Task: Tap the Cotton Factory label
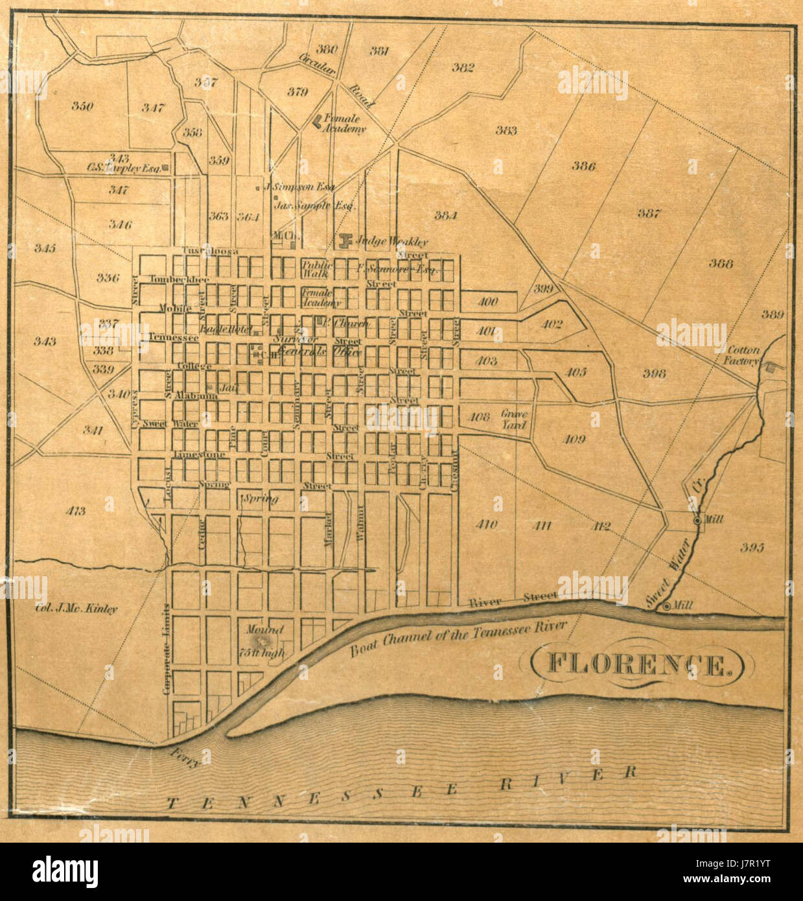point(743,355)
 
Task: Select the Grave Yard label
point(514,419)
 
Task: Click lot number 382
point(463,67)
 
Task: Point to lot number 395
point(752,547)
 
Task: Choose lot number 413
point(75,511)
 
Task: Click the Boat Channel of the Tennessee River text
point(458,638)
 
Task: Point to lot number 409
point(573,439)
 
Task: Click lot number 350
point(82,106)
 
